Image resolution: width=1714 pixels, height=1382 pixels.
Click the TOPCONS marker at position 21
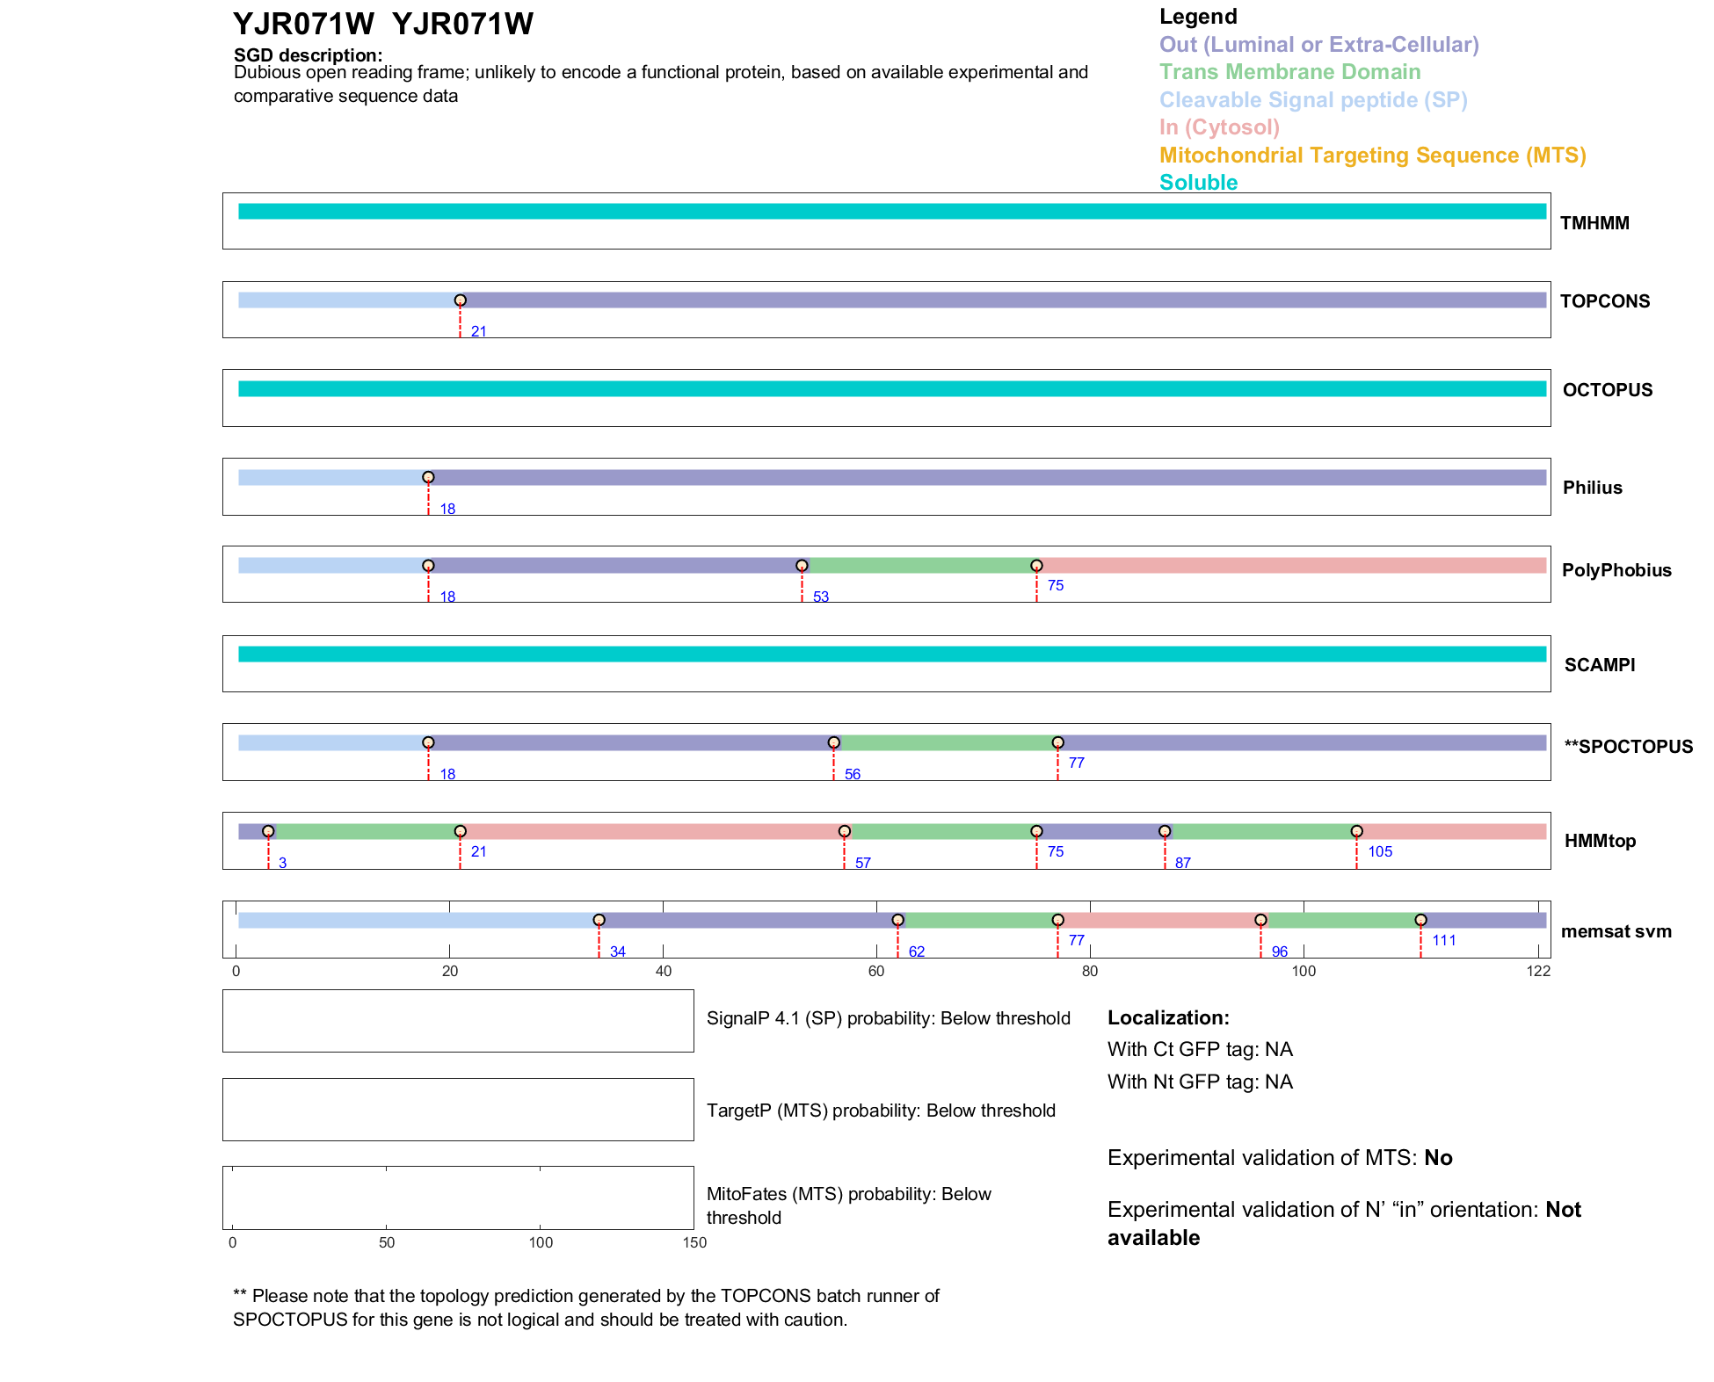[460, 300]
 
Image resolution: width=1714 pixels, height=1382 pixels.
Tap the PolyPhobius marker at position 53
[802, 566]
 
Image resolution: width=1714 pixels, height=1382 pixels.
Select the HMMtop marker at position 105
[1356, 831]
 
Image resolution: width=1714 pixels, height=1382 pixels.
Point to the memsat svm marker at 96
[1260, 920]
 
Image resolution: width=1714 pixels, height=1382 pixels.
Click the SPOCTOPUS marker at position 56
[833, 742]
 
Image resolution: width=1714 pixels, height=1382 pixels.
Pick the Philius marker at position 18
[428, 477]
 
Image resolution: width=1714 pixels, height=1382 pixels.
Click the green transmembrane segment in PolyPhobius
[919, 566]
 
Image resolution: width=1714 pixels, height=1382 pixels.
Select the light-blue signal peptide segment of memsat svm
[418, 920]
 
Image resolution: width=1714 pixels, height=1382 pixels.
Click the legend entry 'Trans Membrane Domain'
[1289, 72]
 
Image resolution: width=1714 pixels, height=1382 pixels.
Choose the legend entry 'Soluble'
[1198, 183]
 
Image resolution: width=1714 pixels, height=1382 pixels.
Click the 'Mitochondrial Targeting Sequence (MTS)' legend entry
[1372, 156]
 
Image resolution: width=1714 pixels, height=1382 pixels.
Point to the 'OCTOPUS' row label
[1607, 390]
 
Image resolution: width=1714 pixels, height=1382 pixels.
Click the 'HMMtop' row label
[1600, 841]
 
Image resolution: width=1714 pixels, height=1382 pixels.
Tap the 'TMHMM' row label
[1594, 223]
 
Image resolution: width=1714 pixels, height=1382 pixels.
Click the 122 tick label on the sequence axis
[1538, 971]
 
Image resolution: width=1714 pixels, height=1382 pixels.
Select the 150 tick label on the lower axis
[694, 1242]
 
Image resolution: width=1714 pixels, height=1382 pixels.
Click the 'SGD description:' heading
[308, 55]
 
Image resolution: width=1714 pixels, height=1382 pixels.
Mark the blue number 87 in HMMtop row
[1183, 863]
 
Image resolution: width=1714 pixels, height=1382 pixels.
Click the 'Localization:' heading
[1167, 1017]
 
